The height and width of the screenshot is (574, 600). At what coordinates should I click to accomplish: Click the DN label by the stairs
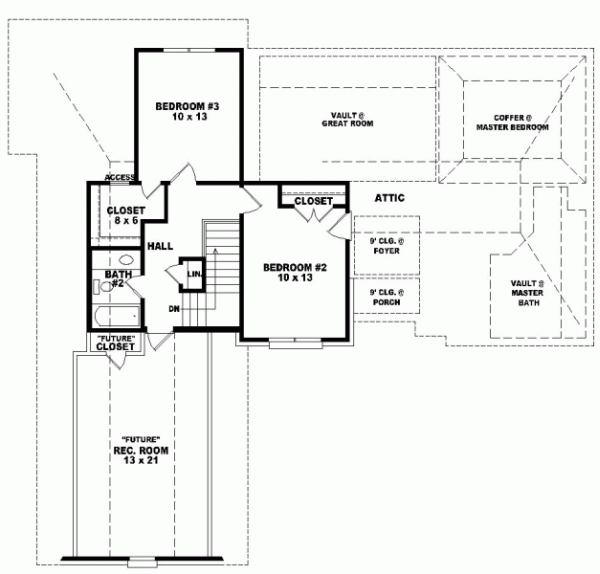174,307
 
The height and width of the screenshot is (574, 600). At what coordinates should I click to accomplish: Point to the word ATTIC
389,198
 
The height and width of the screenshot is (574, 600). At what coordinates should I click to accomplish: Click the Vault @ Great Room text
348,119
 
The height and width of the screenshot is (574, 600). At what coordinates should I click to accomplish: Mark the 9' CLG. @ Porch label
385,297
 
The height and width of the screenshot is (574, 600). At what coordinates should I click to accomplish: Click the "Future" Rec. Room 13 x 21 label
139,454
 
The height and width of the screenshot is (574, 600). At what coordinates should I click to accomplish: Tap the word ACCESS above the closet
120,178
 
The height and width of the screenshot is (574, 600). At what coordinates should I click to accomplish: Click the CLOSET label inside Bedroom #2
313,201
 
